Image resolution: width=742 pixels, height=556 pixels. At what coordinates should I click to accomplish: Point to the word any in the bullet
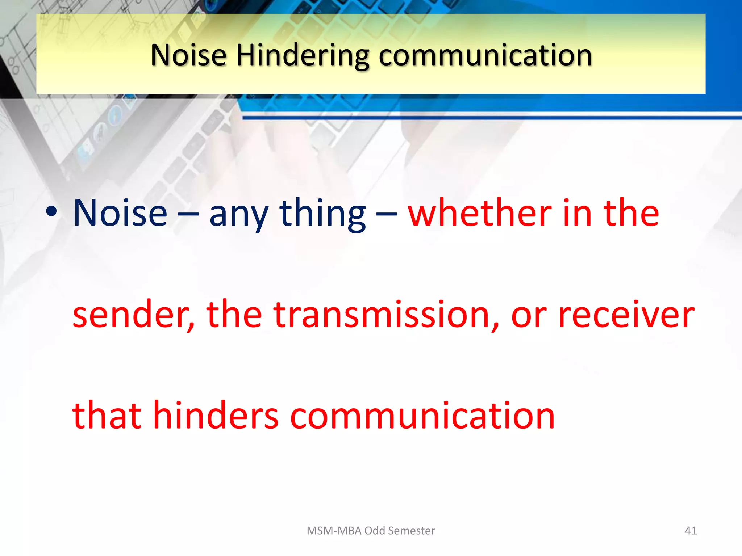[x=239, y=215]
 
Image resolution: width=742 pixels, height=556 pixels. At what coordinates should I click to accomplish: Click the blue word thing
[x=322, y=214]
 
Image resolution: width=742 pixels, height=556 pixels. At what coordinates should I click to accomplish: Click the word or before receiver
[x=529, y=317]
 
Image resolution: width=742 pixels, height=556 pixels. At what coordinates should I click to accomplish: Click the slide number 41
[x=691, y=531]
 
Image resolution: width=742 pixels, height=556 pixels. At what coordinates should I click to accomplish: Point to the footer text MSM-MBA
[x=334, y=531]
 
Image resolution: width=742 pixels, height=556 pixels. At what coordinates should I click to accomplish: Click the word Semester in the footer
[x=411, y=531]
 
